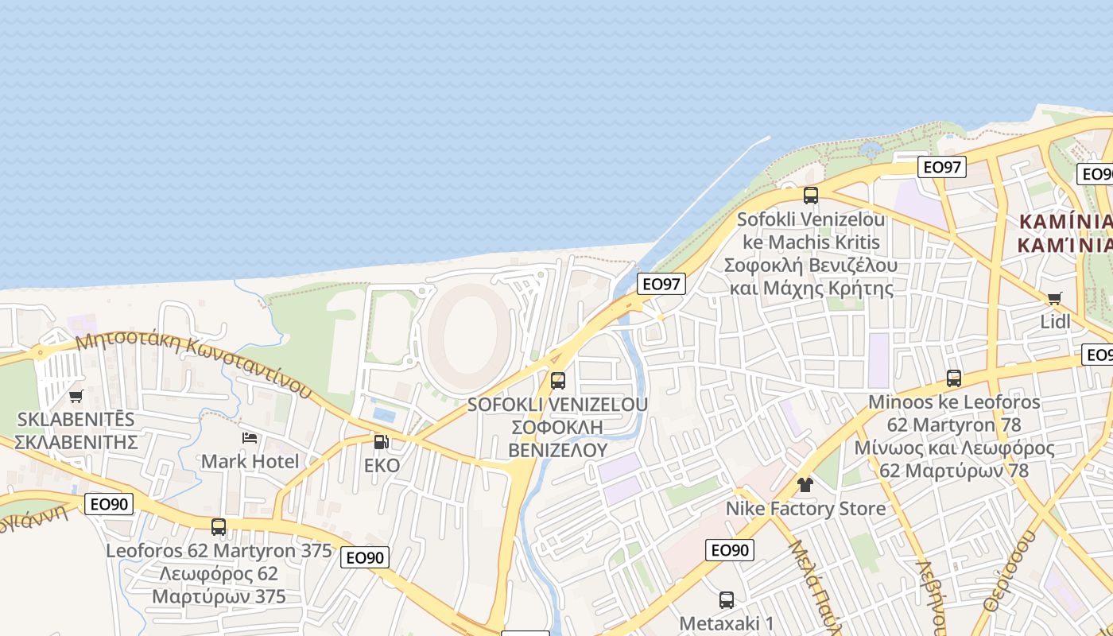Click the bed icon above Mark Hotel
pyautogui.click(x=250, y=438)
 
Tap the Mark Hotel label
pyautogui.click(x=250, y=461)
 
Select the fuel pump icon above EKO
pyautogui.click(x=382, y=442)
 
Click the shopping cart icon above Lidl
pyautogui.click(x=1055, y=299)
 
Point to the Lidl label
pyautogui.click(x=1055, y=322)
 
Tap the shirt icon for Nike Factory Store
pyautogui.click(x=805, y=485)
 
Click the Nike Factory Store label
pyautogui.click(x=805, y=509)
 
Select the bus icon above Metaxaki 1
pyautogui.click(x=727, y=600)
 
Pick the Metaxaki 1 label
pyautogui.click(x=727, y=623)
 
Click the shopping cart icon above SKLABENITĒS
pyautogui.click(x=76, y=396)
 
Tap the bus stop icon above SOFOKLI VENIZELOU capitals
pyautogui.click(x=558, y=381)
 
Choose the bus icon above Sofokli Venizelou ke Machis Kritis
pyautogui.click(x=811, y=196)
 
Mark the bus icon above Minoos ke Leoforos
pyautogui.click(x=954, y=378)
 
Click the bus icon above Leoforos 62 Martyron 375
pyautogui.click(x=219, y=526)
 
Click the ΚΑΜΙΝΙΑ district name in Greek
pyautogui.click(x=1065, y=245)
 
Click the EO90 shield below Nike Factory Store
pyautogui.click(x=729, y=550)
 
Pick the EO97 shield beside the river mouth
pyautogui.click(x=661, y=284)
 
